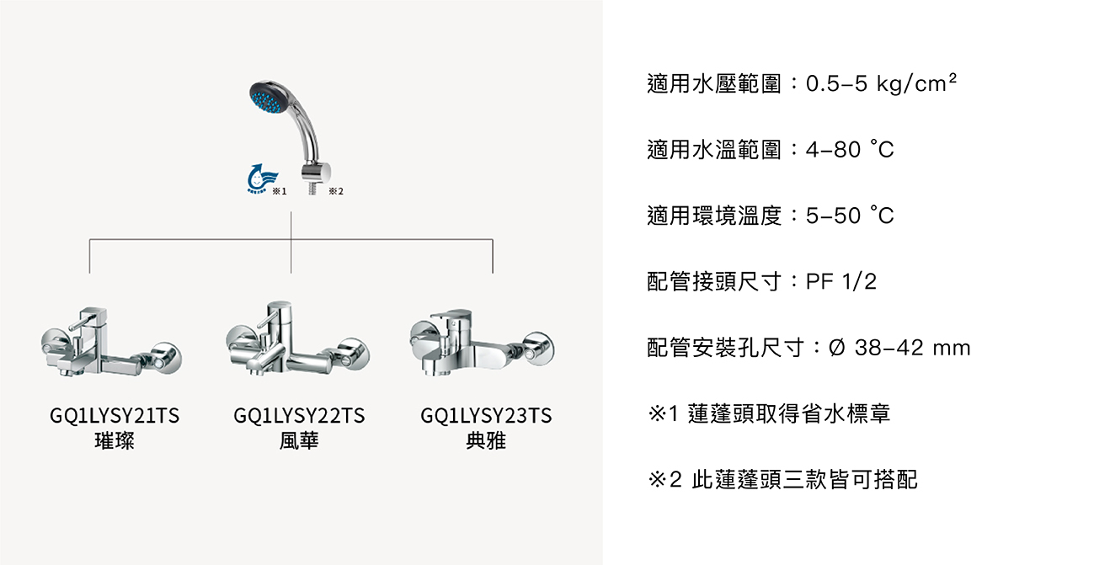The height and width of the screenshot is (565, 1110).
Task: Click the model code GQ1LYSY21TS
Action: coord(115,416)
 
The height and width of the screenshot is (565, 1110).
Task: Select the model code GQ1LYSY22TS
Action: coord(299,416)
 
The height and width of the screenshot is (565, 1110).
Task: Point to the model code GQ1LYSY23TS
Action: coord(486,416)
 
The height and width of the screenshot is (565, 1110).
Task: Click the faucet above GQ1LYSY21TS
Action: coord(111,344)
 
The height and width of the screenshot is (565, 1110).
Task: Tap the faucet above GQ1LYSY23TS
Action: coord(481,341)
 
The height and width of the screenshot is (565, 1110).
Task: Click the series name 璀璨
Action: coord(115,440)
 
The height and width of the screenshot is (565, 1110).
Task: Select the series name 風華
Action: coord(299,440)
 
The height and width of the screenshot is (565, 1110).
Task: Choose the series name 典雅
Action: coord(486,440)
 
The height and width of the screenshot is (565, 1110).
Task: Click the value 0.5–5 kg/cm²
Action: coord(882,84)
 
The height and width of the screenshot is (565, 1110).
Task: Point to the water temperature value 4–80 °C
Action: coord(849,150)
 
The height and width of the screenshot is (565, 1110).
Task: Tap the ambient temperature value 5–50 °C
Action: coord(849,216)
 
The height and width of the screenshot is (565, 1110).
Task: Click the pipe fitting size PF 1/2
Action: coord(841,282)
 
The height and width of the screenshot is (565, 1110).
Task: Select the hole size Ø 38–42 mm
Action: coord(899,348)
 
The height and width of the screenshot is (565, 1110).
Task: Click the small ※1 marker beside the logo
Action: coord(280,192)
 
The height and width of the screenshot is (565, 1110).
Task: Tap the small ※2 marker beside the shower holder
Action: coord(336,192)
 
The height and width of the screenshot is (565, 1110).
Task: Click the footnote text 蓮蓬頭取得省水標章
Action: coord(789,414)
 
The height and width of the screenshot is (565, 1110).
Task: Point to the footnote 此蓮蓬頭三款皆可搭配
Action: coord(804,480)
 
